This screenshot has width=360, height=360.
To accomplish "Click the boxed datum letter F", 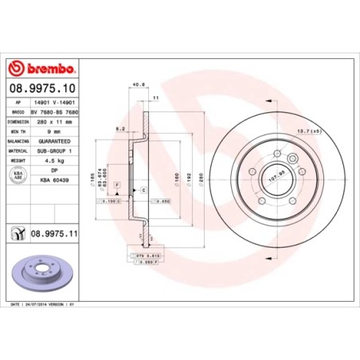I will click(118, 185).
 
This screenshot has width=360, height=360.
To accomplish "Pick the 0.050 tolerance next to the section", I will click(162, 202).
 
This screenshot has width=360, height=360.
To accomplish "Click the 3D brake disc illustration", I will click(45, 274).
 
